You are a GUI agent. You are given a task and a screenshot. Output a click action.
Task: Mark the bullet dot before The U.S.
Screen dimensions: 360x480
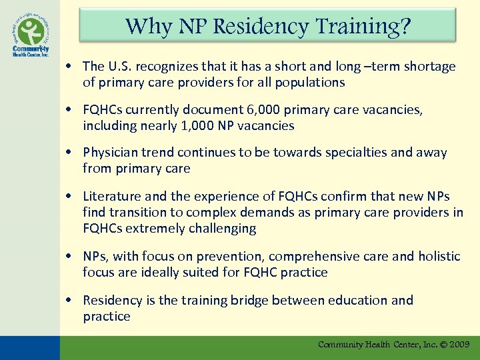(69, 66)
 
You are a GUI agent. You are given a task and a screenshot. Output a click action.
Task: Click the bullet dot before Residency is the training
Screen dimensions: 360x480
(69, 300)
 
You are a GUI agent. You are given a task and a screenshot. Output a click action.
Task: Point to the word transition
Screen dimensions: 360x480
(137, 212)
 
